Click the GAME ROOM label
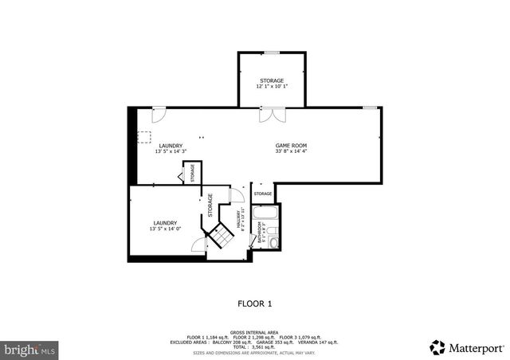click(x=291, y=145)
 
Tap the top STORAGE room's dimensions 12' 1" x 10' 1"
click(x=271, y=86)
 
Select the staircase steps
click(x=222, y=236)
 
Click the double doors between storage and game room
click(x=270, y=114)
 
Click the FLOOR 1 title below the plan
click(x=255, y=303)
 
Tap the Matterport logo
click(x=467, y=347)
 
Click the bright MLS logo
click(x=30, y=350)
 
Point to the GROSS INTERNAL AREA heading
click(x=255, y=332)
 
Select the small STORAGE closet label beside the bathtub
click(x=262, y=194)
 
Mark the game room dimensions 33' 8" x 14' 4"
click(x=291, y=151)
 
